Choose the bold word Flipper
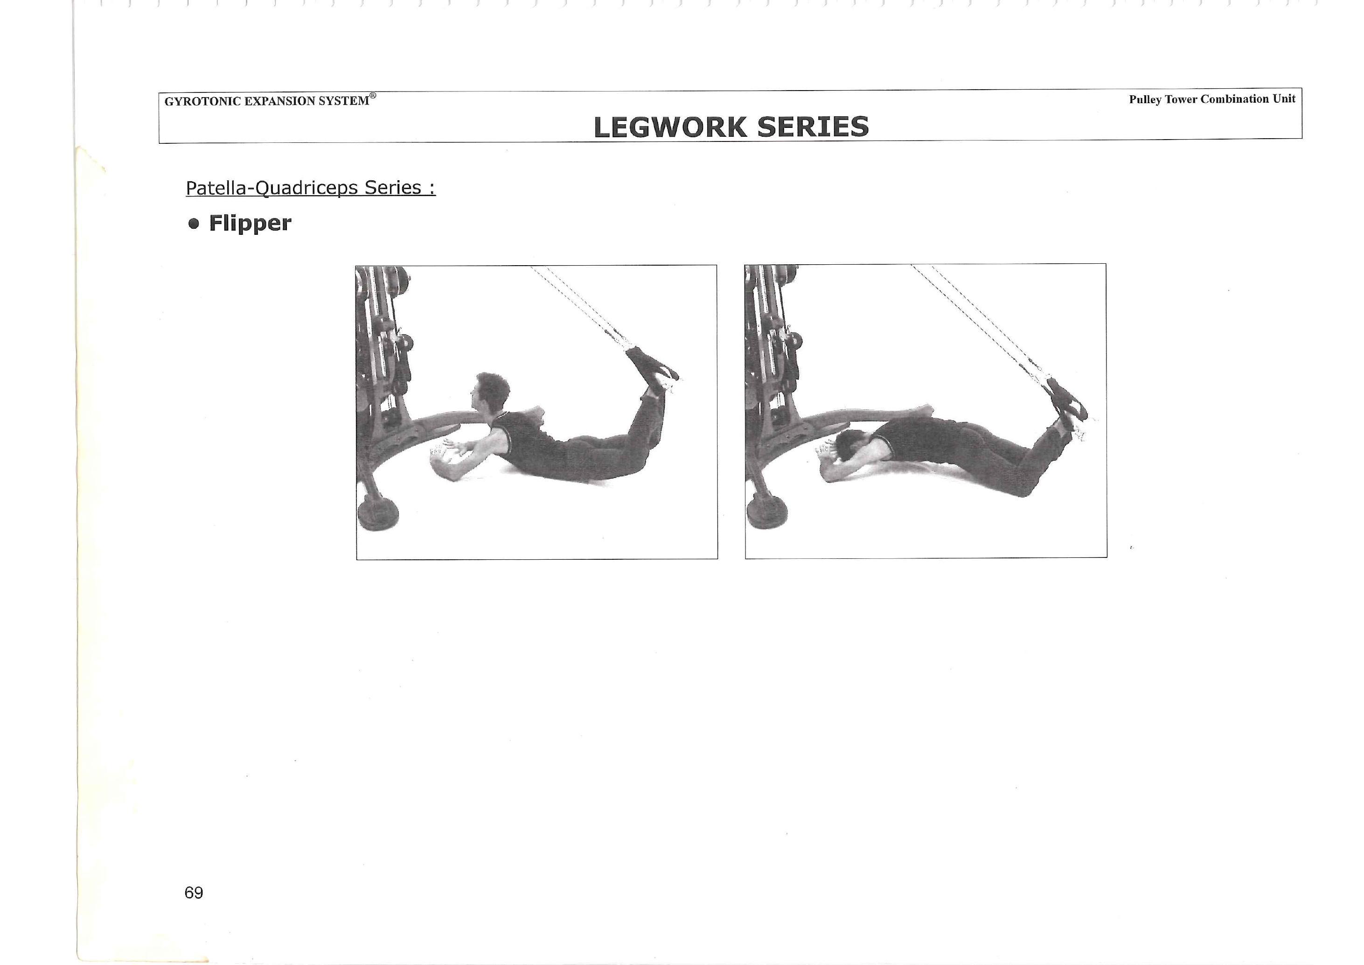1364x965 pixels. point(250,224)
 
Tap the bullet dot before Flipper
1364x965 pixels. point(193,224)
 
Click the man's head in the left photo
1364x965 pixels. point(490,393)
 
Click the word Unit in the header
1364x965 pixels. point(1284,99)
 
